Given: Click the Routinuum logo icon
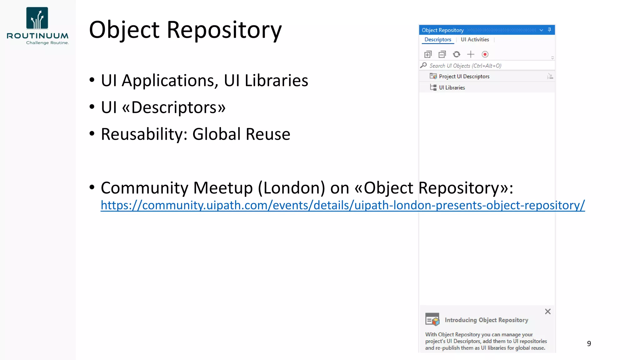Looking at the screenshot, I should [37, 18].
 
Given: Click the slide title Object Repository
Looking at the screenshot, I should [185, 30].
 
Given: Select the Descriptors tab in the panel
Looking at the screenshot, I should [437, 40].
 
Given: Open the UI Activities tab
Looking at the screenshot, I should [475, 40].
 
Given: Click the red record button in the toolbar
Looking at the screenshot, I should [485, 54].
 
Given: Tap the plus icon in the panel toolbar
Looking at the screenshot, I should [471, 54].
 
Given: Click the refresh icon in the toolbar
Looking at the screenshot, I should [457, 54].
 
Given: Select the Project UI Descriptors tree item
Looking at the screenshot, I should [464, 77].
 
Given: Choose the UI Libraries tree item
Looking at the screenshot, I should [452, 88].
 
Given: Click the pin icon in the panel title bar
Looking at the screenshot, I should [549, 30].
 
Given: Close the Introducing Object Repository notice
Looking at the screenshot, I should [548, 312].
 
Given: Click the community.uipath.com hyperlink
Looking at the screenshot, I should [342, 205].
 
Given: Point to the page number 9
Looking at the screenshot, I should [589, 344].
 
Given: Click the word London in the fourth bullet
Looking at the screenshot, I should [294, 188].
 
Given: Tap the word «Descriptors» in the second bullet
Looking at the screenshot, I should [174, 107].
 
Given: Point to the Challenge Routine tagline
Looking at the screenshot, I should [47, 43].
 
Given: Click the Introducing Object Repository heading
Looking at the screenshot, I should [486, 320].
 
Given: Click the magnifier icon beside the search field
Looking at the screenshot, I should [424, 65].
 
